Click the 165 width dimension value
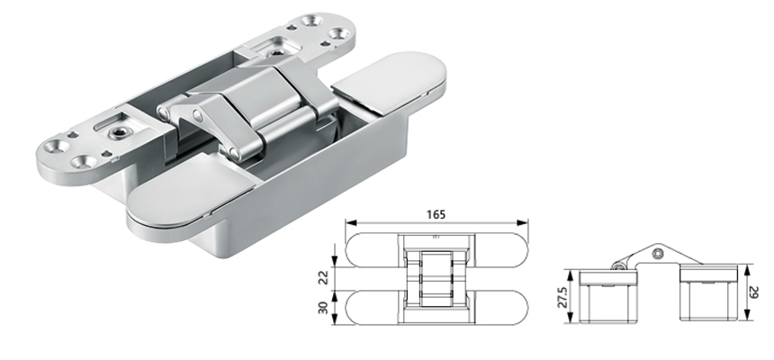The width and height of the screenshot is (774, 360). (x=436, y=215)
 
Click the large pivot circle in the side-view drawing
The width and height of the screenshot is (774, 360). (x=660, y=255)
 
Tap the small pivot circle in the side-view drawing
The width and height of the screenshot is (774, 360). (x=618, y=265)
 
